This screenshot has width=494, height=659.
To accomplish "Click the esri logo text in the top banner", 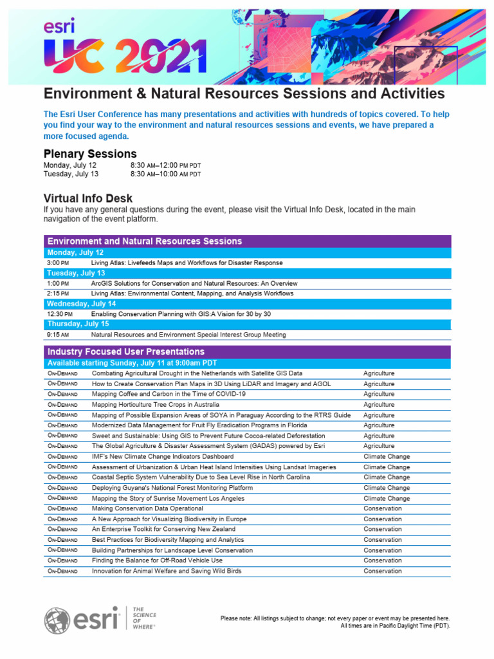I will (59, 26).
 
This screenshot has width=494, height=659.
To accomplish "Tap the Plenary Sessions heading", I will (90, 154).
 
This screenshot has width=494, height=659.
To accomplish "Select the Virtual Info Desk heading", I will (88, 198).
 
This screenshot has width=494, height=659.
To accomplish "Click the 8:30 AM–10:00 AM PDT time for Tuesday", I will (165, 174).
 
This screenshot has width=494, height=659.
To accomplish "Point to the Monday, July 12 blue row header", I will (75, 253).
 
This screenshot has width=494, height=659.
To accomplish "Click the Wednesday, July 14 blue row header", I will (82, 304).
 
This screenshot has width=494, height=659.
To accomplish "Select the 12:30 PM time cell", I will (58, 314).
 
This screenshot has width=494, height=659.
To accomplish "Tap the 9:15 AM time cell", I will (58, 335).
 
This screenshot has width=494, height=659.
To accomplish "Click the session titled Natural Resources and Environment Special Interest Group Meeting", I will (188, 335).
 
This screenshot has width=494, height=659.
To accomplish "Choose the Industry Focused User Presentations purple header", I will (126, 352).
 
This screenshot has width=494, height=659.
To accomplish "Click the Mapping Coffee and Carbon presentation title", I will (169, 394).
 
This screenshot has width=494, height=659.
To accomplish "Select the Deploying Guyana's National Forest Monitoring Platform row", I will (172, 488).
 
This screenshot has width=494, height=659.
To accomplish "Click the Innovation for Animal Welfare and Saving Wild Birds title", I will (167, 571).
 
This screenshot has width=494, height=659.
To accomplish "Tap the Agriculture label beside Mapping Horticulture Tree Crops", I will (379, 405).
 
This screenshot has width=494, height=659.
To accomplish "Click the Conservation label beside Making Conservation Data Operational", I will (382, 508).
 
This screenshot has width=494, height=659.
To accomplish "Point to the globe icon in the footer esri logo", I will (57, 620).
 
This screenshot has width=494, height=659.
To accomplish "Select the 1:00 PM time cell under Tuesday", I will (57, 283).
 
